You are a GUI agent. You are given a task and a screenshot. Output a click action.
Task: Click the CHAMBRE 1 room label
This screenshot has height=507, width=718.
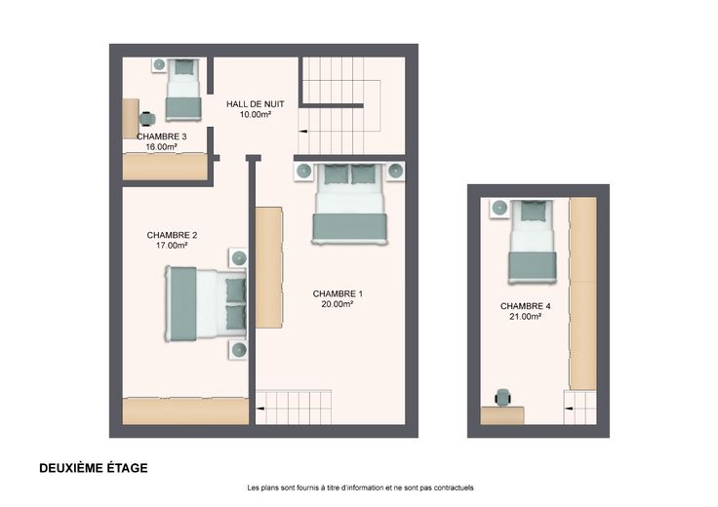[x=338, y=293]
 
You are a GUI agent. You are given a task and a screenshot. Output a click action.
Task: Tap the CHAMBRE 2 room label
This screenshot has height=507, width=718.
[x=172, y=235]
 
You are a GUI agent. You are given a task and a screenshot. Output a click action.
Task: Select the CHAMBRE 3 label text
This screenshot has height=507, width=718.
[x=161, y=136]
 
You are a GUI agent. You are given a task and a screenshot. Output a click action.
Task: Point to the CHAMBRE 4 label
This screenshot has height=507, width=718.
[x=525, y=306]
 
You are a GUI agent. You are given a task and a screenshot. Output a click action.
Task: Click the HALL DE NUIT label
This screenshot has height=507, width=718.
[x=255, y=104]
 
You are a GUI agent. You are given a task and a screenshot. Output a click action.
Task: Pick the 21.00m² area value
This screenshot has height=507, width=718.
[x=525, y=316]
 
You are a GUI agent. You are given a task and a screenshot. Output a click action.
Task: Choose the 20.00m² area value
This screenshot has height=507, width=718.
[x=338, y=304]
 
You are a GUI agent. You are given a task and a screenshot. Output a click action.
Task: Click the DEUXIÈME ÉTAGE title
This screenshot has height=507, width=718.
[x=94, y=468]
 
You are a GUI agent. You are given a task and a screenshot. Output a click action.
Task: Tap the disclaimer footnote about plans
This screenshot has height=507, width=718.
[x=360, y=487]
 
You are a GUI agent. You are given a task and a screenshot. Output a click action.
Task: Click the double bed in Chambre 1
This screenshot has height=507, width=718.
[x=350, y=204]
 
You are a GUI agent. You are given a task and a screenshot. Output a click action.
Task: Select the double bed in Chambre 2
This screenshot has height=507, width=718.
[x=206, y=304]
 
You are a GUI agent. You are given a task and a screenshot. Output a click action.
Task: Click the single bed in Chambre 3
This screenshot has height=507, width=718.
[x=183, y=90]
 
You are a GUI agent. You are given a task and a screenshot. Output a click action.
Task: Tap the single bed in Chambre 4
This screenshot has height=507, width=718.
[x=532, y=242]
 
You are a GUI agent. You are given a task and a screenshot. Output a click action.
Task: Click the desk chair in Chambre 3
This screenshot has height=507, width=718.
[x=147, y=119]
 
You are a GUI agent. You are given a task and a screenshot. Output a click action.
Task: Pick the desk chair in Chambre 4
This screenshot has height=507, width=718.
[x=502, y=397]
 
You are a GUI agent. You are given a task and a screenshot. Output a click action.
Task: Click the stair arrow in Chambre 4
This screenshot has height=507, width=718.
[x=569, y=409]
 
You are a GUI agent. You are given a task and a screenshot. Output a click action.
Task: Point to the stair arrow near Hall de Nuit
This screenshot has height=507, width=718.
[x=303, y=132]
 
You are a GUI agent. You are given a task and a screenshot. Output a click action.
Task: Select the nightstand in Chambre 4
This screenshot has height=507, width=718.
[x=499, y=209]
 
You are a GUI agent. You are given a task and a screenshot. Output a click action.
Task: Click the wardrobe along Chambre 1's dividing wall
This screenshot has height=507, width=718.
[x=269, y=267]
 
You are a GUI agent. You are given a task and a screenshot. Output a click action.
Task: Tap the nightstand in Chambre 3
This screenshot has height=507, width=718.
[x=159, y=64]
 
